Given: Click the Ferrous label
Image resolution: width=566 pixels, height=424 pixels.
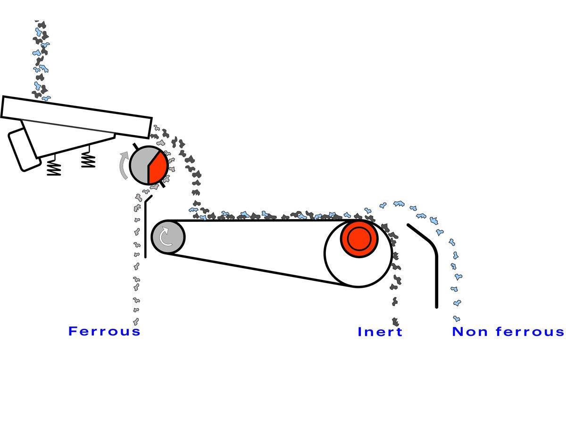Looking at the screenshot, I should pyautogui.click(x=104, y=331).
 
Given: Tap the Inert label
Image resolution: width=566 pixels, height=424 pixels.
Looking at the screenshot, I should pyautogui.click(x=380, y=332).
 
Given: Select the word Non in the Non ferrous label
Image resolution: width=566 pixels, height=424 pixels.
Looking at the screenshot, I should pyautogui.click(x=466, y=332).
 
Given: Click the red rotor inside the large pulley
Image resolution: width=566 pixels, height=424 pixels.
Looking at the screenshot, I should pyautogui.click(x=359, y=238).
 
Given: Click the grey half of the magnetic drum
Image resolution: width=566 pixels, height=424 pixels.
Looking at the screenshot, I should pyautogui.click(x=140, y=166).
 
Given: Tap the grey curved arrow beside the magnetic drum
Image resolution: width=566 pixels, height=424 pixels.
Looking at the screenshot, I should pyautogui.click(x=124, y=165).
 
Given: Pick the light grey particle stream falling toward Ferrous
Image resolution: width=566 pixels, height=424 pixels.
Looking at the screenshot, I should pyautogui.click(x=136, y=264).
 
